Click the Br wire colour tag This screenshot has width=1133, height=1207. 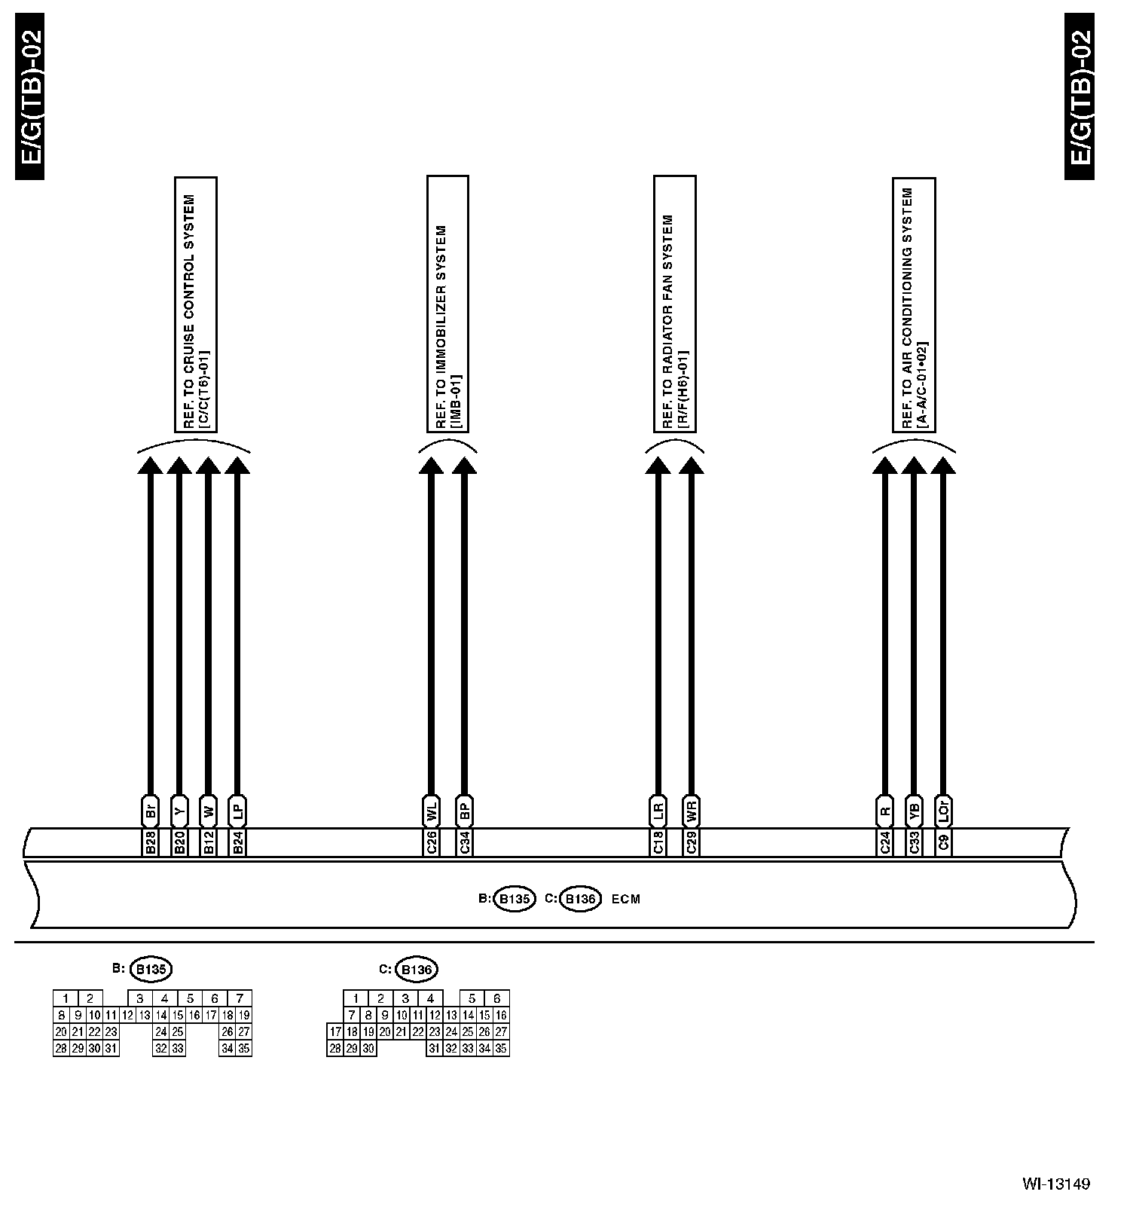pos(150,811)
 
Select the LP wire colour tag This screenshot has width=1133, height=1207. pos(237,811)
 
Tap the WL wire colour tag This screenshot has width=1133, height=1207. pos(432,811)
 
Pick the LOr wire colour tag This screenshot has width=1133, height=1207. pos(943,811)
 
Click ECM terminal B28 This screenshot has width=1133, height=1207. pos(150,842)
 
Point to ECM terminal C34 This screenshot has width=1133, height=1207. pos(465,842)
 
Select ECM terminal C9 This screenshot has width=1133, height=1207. pos(943,842)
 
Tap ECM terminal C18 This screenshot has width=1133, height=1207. pos(658,842)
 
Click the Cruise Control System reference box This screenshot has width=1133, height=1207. pos(196,304)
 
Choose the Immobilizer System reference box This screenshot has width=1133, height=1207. pos(447,304)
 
